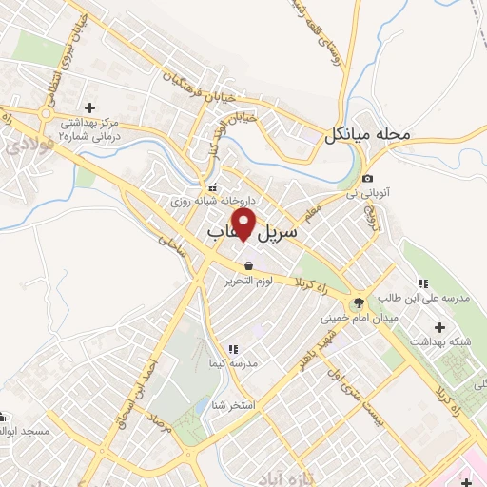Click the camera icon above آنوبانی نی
[x=367, y=179]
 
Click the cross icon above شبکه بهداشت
[x=438, y=327]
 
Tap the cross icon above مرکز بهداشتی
[x=89, y=107]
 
